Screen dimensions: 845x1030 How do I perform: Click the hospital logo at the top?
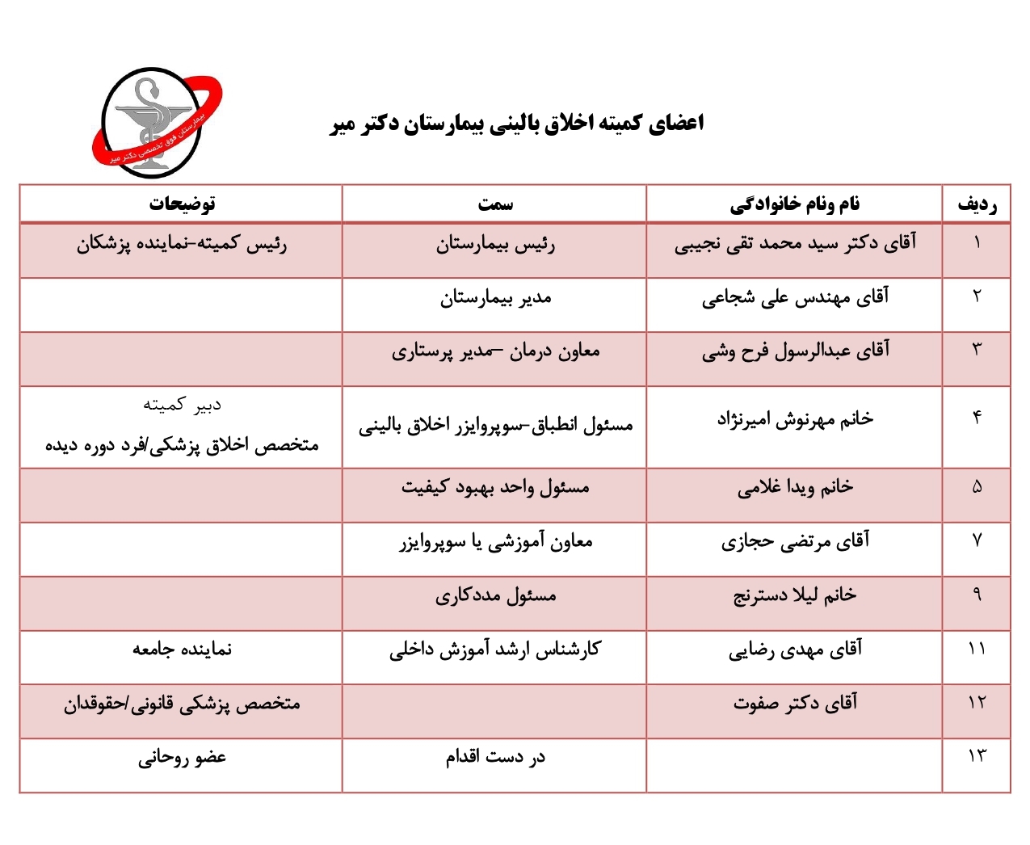(x=156, y=123)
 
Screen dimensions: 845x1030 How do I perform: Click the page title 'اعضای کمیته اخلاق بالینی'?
(x=517, y=124)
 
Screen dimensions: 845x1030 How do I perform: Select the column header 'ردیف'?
(x=977, y=204)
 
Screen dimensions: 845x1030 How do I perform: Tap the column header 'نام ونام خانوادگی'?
(x=795, y=204)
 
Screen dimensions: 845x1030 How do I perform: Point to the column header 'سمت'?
(x=494, y=204)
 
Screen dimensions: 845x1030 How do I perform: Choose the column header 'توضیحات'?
(x=182, y=204)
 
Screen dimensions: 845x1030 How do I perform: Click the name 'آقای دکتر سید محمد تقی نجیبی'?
(x=795, y=244)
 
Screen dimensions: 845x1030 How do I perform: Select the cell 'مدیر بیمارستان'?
(x=495, y=299)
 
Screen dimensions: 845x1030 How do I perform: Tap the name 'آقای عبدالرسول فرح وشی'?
(x=795, y=351)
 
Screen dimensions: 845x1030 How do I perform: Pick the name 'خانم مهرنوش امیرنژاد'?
(x=795, y=419)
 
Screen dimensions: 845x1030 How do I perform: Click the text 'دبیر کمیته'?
(x=182, y=405)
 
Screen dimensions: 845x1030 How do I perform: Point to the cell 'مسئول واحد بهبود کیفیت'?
(x=495, y=488)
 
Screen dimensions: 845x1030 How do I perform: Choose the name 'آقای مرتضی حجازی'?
(x=795, y=541)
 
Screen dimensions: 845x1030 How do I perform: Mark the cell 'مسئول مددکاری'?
(x=495, y=596)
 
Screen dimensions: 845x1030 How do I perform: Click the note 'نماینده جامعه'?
(x=182, y=650)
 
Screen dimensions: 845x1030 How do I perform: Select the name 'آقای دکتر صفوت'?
(x=795, y=704)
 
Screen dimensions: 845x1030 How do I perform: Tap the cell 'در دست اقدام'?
(x=495, y=757)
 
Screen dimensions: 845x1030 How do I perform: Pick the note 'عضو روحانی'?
(x=182, y=758)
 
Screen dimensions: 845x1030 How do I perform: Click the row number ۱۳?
(x=977, y=756)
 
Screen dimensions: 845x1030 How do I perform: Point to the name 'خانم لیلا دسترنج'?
(x=795, y=596)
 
